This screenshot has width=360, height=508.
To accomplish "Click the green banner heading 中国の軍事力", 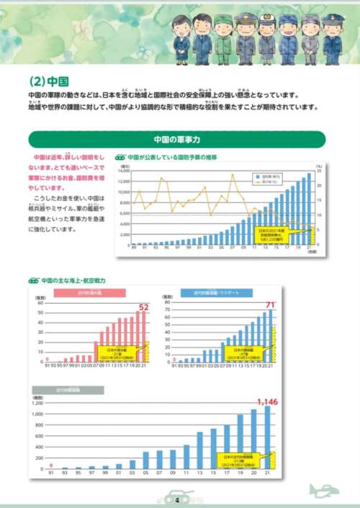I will [176, 139].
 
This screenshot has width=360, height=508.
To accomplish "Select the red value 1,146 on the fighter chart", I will [266, 401].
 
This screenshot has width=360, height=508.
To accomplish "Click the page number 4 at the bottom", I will [177, 500].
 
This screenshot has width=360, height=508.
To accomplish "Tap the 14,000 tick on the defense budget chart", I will [124, 170].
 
